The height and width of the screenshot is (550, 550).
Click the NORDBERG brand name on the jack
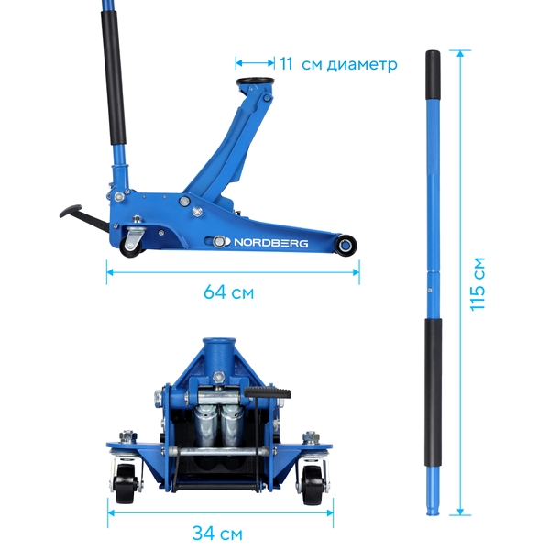click(270, 243)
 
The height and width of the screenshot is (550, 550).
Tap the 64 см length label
click(228, 291)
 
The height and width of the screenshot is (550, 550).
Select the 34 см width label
click(217, 533)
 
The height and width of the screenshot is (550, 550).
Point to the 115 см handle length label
click(478, 284)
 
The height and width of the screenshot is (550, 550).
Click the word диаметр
click(362, 65)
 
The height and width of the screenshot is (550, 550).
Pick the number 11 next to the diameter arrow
click(286, 63)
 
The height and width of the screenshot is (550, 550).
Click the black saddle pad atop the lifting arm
click(255, 82)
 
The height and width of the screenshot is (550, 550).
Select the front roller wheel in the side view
click(346, 244)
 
